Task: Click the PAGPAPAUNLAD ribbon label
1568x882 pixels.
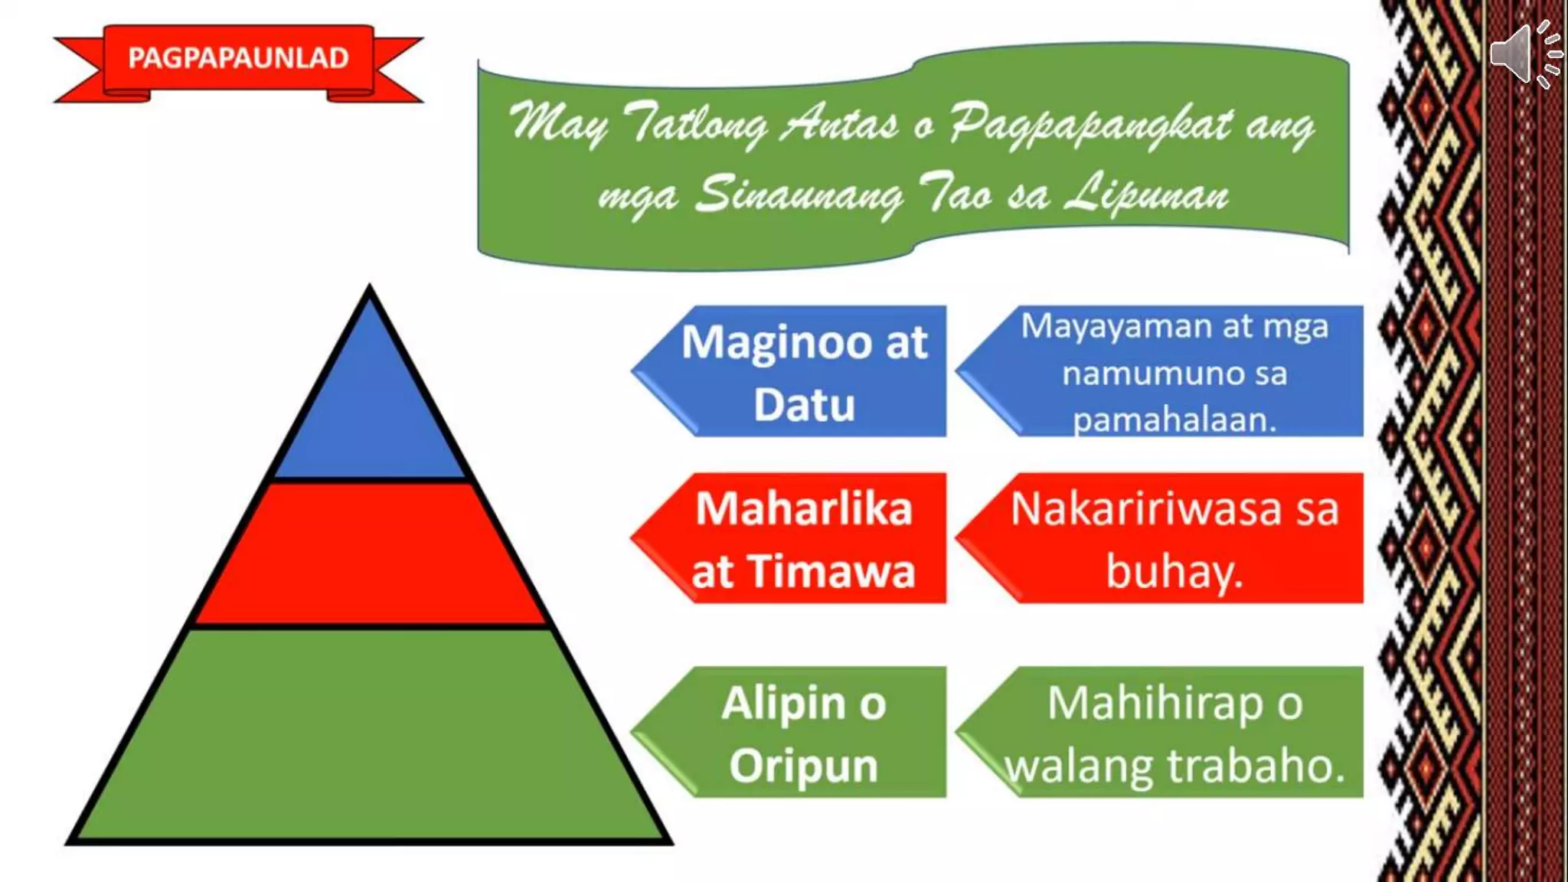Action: pos(238,58)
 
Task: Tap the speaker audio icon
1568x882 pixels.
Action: pos(1524,54)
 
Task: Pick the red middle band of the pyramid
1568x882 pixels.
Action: pos(370,553)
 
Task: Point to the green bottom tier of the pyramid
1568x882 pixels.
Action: pos(370,735)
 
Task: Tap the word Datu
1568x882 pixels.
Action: pos(804,405)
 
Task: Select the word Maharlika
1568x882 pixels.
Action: pos(804,509)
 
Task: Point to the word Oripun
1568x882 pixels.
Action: pos(804,766)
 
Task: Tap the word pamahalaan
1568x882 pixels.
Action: pos(1174,420)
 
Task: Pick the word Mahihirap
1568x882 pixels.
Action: pos(1155,703)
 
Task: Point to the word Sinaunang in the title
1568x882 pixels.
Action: pos(800,195)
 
